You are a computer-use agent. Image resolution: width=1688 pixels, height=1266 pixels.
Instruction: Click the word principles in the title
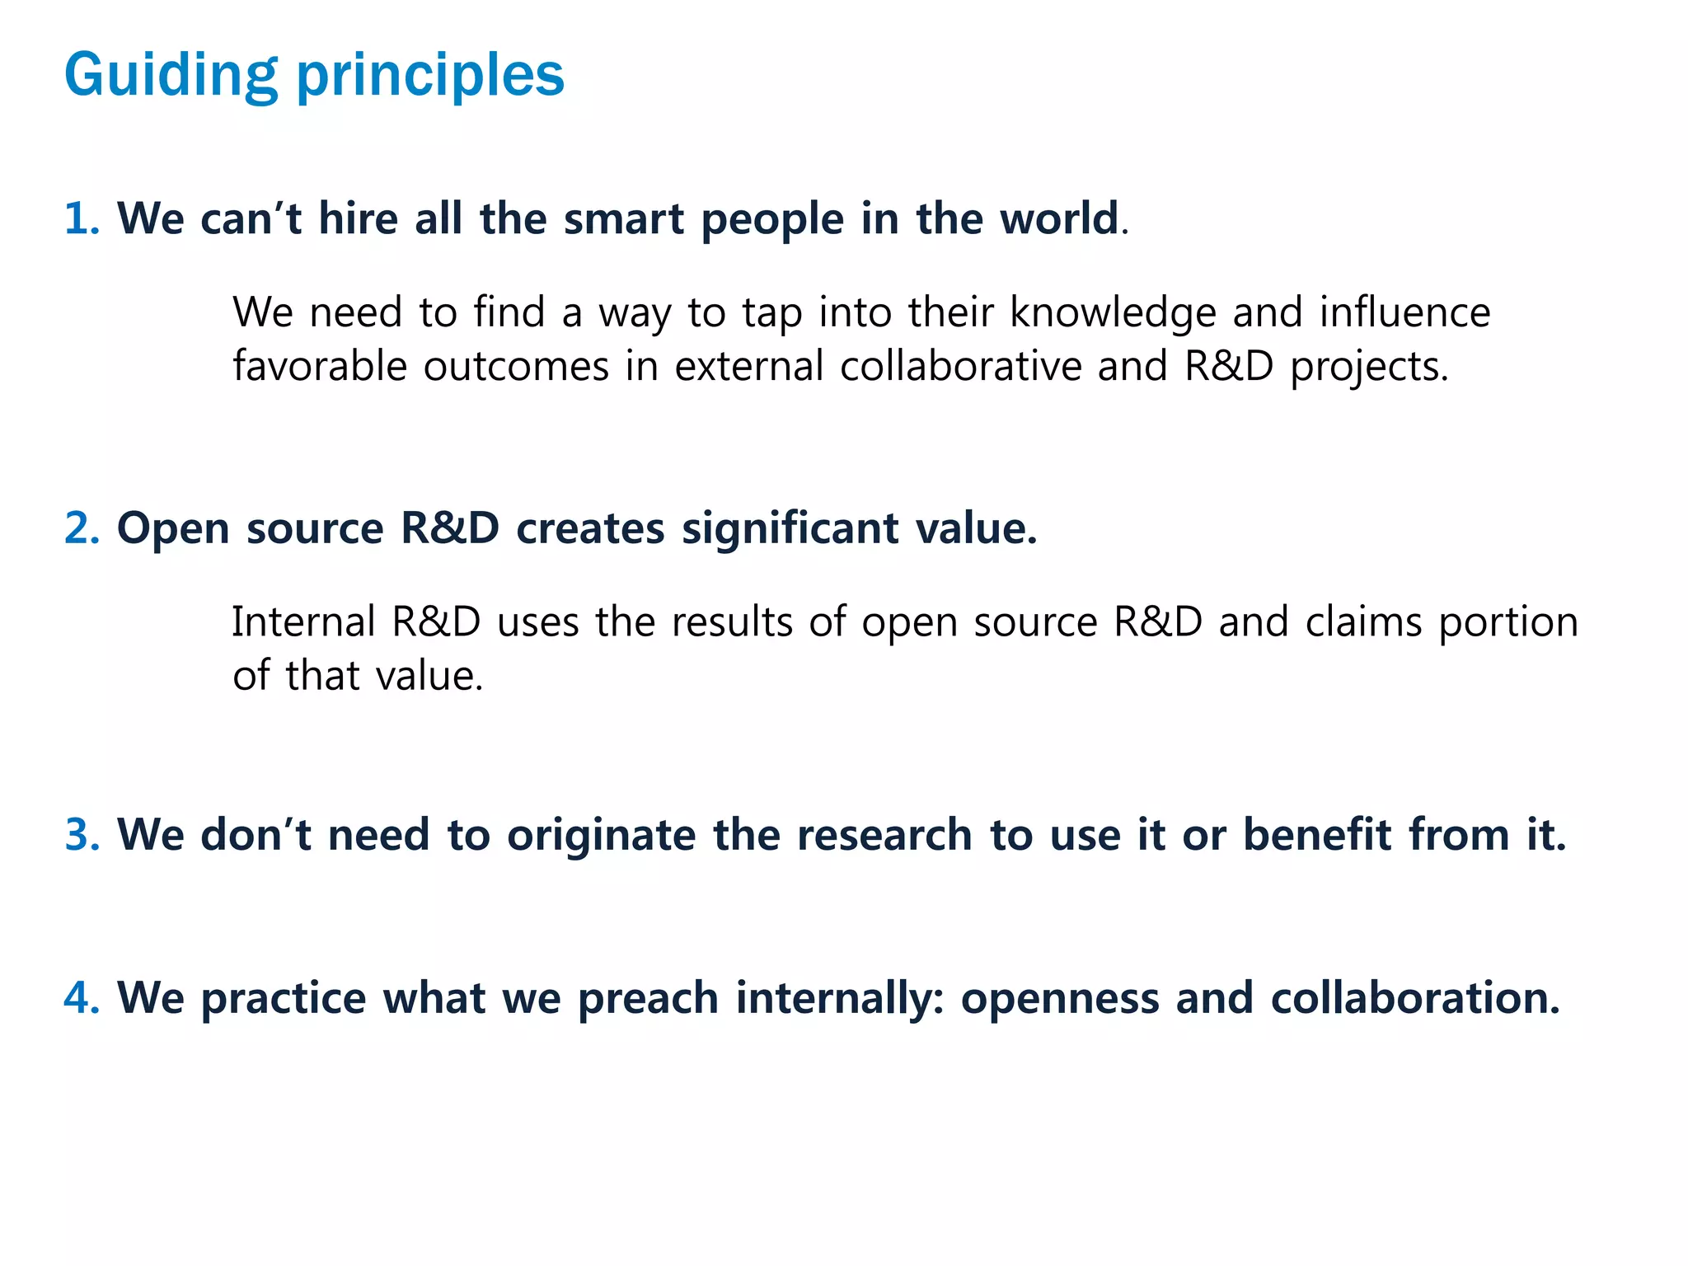point(429,76)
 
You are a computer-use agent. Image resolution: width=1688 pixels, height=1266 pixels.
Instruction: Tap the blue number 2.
point(80,528)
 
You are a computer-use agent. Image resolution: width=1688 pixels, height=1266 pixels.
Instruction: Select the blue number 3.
point(80,835)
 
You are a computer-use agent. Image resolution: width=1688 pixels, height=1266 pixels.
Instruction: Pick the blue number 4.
point(80,998)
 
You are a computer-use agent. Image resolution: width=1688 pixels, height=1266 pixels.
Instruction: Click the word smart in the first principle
point(624,219)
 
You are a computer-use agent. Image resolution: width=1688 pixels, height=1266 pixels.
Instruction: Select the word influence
point(1404,313)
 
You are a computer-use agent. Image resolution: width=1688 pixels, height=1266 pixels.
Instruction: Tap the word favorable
point(320,367)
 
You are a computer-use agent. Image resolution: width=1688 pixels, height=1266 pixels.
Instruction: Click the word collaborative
point(960,367)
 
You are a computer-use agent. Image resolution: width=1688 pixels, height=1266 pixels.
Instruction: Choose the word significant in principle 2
point(790,528)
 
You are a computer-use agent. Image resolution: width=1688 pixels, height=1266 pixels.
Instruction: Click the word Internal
point(302,622)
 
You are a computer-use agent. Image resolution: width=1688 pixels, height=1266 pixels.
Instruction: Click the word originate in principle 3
point(601,835)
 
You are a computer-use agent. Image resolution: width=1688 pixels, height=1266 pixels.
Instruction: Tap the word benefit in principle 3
point(1316,835)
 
